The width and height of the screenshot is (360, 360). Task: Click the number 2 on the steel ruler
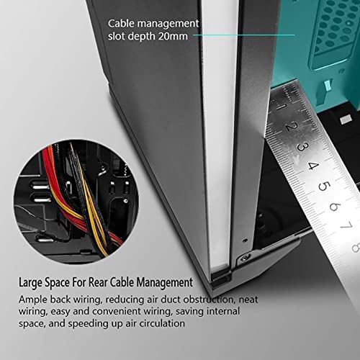click(292, 126)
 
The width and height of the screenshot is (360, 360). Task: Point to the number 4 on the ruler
click(313, 166)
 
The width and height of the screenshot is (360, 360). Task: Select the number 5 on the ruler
click(324, 186)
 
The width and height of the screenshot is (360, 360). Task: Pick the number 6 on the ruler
click(335, 207)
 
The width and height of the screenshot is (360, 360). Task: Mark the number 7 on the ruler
click(346, 225)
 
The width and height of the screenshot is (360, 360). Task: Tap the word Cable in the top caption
click(121, 24)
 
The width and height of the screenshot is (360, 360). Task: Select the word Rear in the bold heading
click(97, 282)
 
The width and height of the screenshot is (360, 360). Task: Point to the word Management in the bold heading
click(164, 282)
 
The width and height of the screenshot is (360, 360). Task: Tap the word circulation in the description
click(162, 323)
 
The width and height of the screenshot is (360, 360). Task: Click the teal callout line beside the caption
click(243, 35)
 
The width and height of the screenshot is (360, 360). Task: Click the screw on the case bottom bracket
click(245, 258)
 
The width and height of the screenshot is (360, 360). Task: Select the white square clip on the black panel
click(346, 119)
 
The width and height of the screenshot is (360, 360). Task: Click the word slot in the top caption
click(117, 37)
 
